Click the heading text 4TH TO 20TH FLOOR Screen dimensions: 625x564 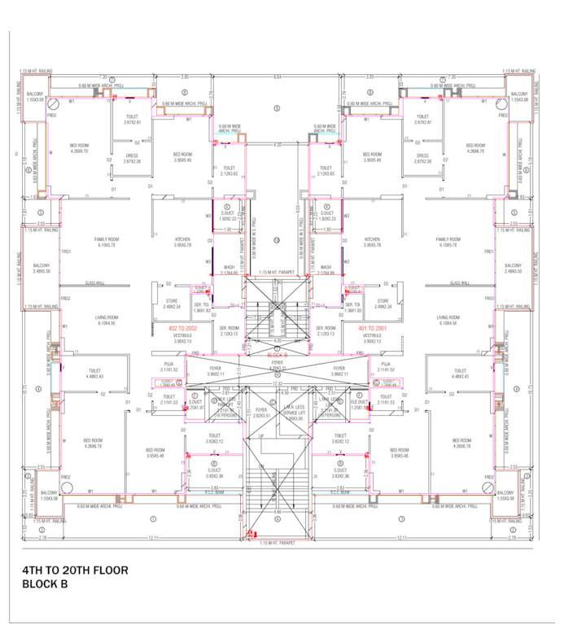point(74,570)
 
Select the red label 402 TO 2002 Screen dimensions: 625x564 point(184,328)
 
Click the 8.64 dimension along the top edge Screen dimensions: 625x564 point(278,76)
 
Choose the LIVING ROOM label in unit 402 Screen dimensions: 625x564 point(107,318)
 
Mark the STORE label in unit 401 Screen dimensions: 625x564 point(383,302)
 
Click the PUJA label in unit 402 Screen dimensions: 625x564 point(168,365)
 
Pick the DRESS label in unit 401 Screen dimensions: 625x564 point(422,156)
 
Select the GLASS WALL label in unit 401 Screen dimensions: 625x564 point(462,283)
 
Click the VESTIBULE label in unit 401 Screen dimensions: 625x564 point(373,335)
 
